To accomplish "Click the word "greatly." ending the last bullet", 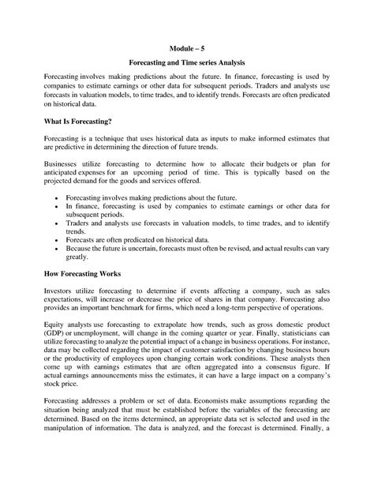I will (78, 255).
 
